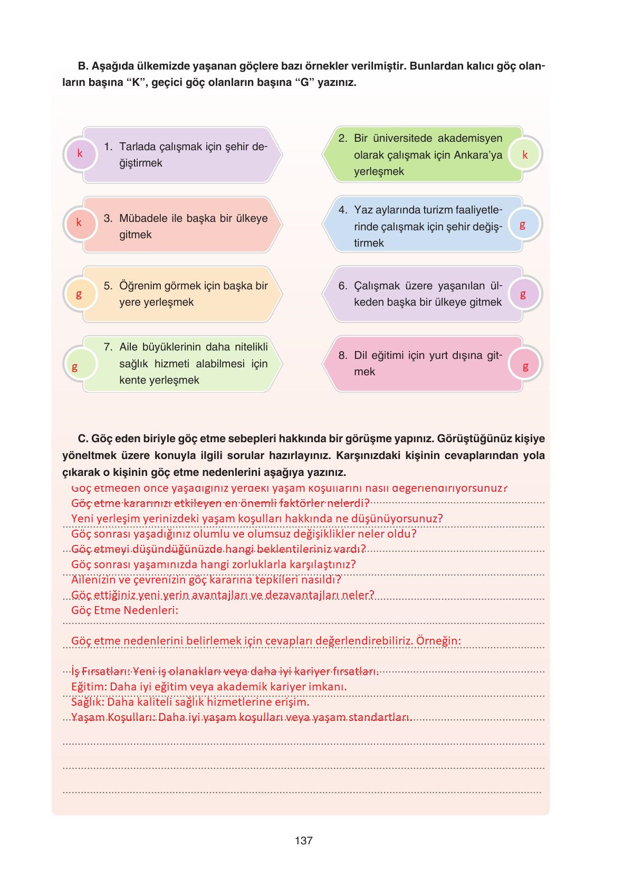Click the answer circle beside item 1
pos(80,154)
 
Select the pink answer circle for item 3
pos(80,223)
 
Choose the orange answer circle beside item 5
pos(80,294)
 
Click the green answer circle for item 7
pos(80,365)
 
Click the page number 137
pos(304,841)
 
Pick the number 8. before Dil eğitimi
pos(343,355)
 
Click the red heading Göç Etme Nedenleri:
pos(124,610)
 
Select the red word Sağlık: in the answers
pos(88,702)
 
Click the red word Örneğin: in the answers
pos(438,641)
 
